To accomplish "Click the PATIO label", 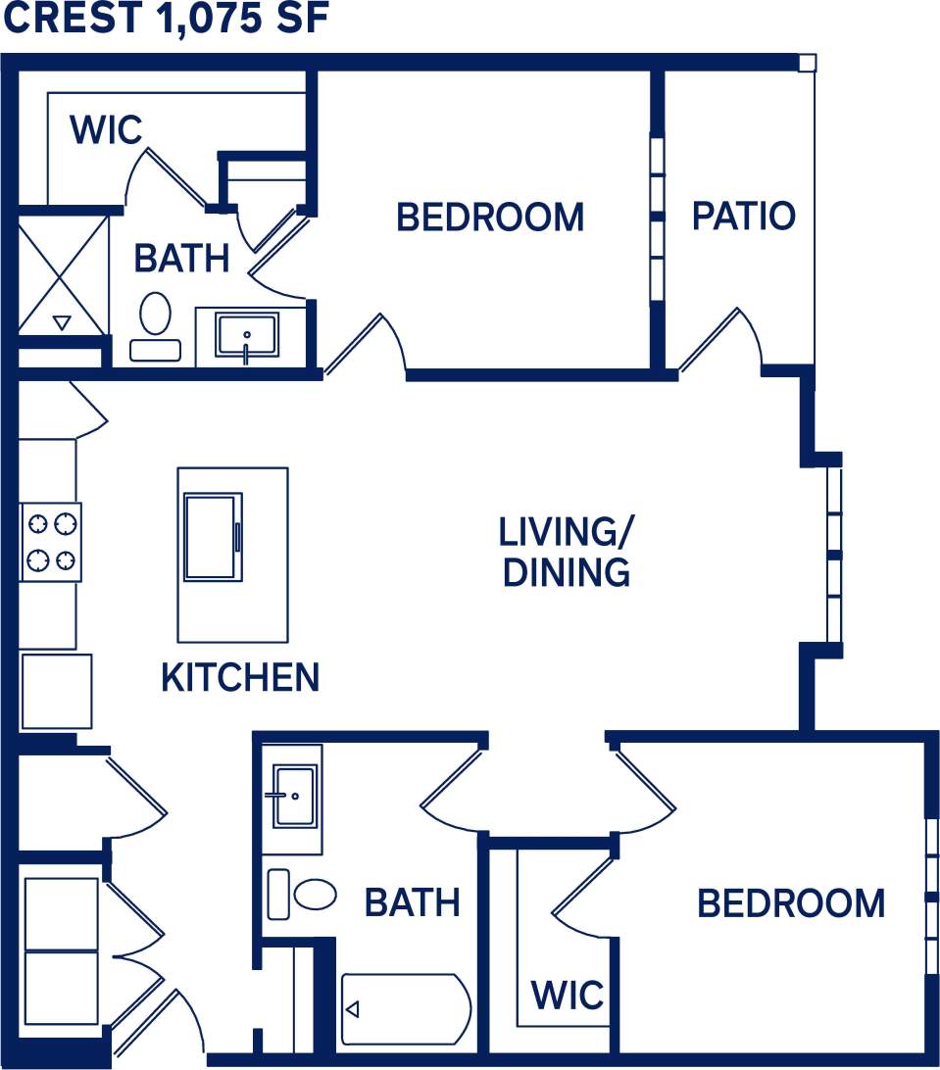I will pyautogui.click(x=743, y=216).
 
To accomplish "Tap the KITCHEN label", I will pyautogui.click(x=240, y=678).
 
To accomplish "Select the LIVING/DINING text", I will pyautogui.click(x=566, y=553).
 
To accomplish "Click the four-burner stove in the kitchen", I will pyautogui.click(x=51, y=542).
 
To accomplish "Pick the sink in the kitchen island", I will pyautogui.click(x=213, y=537).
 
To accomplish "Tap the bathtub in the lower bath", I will pyautogui.click(x=406, y=1009).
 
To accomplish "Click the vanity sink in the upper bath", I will pyautogui.click(x=247, y=335).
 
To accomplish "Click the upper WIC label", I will pyautogui.click(x=106, y=129).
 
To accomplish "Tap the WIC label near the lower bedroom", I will pyautogui.click(x=568, y=996).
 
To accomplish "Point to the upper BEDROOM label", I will pyautogui.click(x=489, y=217).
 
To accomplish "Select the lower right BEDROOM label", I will pyautogui.click(x=790, y=903).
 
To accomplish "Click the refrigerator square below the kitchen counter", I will pyautogui.click(x=56, y=692).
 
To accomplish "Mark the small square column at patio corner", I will pyautogui.click(x=807, y=64).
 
